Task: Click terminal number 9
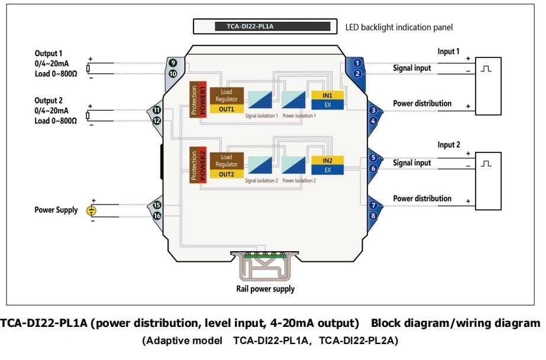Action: pyautogui.click(x=173, y=63)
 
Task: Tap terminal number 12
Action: pyautogui.click(x=157, y=121)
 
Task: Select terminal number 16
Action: pyautogui.click(x=157, y=216)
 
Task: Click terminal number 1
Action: pyautogui.click(x=357, y=63)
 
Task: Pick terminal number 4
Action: pyautogui.click(x=373, y=121)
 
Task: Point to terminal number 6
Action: pyautogui.click(x=373, y=168)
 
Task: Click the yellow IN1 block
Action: pyautogui.click(x=327, y=96)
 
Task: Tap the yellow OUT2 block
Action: pyautogui.click(x=227, y=174)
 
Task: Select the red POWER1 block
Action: pyautogui.click(x=202, y=100)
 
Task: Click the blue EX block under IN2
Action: pyautogui.click(x=327, y=170)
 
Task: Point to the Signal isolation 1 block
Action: pyautogui.click(x=260, y=99)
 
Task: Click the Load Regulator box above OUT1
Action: pyautogui.click(x=227, y=96)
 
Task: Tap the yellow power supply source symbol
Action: pyautogui.click(x=92, y=210)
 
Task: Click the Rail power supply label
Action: pyautogui.click(x=261, y=289)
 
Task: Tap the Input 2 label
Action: pyautogui.click(x=448, y=145)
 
